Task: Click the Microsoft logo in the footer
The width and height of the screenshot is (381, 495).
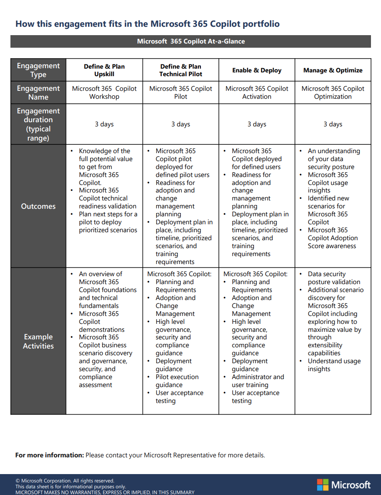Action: click(343, 485)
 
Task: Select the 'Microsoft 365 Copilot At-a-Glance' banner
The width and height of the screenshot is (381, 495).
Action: click(190, 41)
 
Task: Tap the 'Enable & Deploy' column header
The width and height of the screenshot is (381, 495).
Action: click(257, 70)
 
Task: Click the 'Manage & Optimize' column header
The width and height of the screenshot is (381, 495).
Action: click(333, 70)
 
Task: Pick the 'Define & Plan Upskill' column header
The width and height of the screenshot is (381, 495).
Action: click(104, 70)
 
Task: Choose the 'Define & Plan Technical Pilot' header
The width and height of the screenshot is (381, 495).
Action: click(180, 70)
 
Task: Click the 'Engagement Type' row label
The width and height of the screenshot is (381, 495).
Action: click(38, 70)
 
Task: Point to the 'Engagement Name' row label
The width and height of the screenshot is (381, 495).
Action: click(38, 92)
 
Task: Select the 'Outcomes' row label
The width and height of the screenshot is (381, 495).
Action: click(38, 206)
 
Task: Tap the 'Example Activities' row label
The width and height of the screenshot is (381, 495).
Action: click(38, 341)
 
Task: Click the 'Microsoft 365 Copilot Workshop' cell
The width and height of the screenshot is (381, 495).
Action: click(104, 92)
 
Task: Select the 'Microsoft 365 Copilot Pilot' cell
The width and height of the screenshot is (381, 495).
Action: click(180, 92)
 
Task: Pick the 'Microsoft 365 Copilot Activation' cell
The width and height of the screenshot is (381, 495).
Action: click(257, 92)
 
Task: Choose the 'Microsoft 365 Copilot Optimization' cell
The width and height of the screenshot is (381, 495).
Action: click(333, 92)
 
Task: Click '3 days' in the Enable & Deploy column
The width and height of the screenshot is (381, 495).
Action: click(257, 124)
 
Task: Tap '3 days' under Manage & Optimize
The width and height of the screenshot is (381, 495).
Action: click(333, 124)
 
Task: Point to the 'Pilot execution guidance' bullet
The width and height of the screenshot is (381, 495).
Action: click(177, 381)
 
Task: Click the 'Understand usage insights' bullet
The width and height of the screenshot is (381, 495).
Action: click(334, 365)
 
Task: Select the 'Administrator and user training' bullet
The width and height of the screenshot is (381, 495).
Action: click(257, 381)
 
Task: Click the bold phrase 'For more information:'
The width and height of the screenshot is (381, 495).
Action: click(50, 455)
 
